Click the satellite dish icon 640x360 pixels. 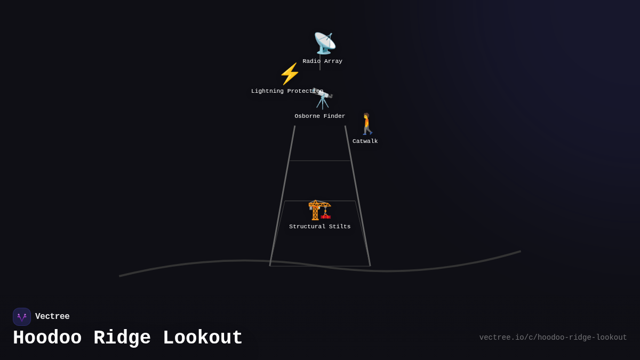tap(325, 43)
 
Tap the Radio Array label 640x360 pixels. tap(322, 61)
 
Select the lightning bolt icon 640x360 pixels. tap(290, 74)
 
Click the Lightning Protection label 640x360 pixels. tap(287, 91)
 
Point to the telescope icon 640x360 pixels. tap(323, 99)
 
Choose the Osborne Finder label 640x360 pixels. tap(319, 116)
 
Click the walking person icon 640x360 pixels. tap(367, 124)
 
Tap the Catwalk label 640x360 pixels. tap(365, 141)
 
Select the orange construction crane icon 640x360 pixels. tap(319, 210)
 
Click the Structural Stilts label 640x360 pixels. tap(319, 227)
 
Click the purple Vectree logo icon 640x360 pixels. tap(22, 317)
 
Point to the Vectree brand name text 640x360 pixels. tap(52, 316)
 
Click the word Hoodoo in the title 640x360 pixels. tap(47, 338)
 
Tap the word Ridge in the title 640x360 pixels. tap(122, 338)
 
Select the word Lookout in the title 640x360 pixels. tap(203, 338)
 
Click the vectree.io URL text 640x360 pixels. tap(553, 338)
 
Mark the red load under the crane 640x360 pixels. tap(325, 217)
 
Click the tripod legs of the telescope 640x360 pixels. tap(323, 103)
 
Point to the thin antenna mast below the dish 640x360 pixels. tap(320, 62)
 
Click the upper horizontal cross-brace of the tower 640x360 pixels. tap(320, 161)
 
